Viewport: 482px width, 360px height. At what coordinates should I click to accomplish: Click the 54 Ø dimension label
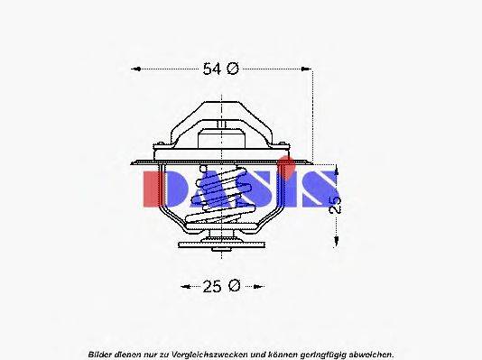coord(220,69)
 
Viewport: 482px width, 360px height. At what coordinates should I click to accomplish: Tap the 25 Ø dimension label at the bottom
coord(220,286)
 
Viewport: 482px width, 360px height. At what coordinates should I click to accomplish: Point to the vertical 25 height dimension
coord(336,205)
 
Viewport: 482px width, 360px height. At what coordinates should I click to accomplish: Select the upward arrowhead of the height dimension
coord(336,171)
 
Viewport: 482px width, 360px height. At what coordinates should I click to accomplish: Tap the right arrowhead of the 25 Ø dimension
coord(258,286)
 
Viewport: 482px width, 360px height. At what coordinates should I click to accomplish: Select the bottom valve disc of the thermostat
coord(222,244)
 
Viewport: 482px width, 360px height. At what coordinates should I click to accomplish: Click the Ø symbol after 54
coord(233,69)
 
